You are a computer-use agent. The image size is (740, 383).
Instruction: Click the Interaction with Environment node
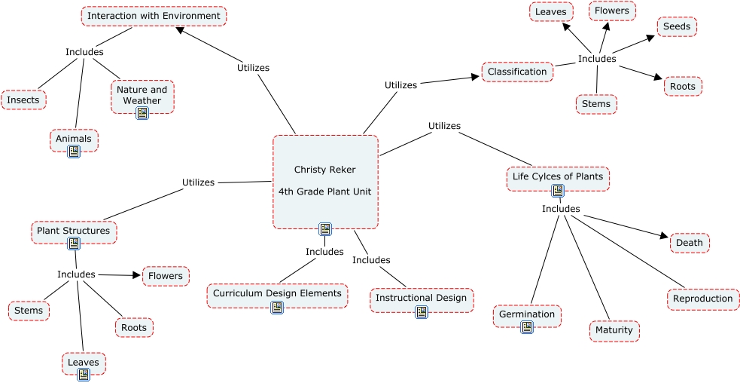[x=154, y=16]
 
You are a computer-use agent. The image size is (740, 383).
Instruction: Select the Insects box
[x=23, y=100]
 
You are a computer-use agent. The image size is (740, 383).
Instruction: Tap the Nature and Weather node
[x=142, y=95]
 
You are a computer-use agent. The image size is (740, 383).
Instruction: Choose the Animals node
[x=74, y=139]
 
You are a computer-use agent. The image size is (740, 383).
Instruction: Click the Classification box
[x=517, y=72]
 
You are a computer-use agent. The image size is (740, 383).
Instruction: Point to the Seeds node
[x=677, y=26]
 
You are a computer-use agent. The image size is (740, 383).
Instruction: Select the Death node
[x=690, y=243]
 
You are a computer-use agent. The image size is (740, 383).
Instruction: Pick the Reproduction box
[x=702, y=299]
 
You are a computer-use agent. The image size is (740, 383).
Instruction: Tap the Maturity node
[x=614, y=330]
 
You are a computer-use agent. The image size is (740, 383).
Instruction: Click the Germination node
[x=527, y=314]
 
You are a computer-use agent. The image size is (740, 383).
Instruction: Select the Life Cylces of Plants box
[x=557, y=176]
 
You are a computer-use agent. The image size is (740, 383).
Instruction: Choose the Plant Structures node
[x=74, y=231]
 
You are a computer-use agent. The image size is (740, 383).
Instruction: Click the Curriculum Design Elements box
[x=277, y=293]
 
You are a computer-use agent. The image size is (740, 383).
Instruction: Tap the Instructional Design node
[x=422, y=298]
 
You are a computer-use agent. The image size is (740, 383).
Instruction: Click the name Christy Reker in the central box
[x=324, y=170]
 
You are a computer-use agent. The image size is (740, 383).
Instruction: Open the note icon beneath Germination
[x=527, y=326]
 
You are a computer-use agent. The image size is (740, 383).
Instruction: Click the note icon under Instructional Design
[x=422, y=311]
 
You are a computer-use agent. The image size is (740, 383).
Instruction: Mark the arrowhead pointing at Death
[x=664, y=238]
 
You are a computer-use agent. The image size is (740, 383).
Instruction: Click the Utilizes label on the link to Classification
[x=400, y=85]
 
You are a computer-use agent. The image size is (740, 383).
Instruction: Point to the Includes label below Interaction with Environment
[x=84, y=52]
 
